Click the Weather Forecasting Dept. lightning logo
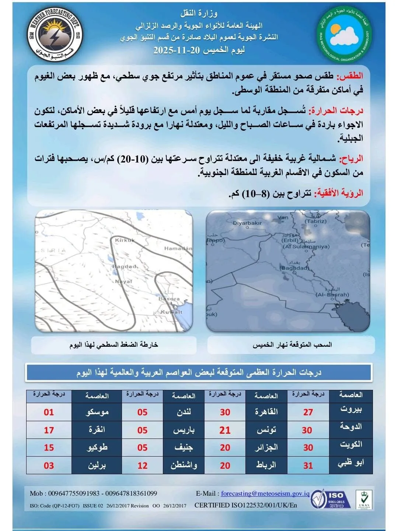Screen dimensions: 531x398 [55, 34]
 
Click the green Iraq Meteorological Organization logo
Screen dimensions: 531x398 [344, 34]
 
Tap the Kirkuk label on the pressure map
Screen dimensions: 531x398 [125, 240]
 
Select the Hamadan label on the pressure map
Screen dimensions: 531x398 [178, 248]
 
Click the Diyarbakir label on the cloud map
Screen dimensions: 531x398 [247, 223]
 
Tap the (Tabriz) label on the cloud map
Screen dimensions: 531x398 [315, 221]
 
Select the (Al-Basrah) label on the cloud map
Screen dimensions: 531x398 [332, 294]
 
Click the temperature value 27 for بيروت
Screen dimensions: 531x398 [308, 412]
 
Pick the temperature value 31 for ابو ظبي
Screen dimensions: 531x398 [308, 465]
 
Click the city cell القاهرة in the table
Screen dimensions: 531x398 [266, 412]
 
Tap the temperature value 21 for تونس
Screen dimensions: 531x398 [225, 430]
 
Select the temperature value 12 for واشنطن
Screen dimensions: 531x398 [142, 465]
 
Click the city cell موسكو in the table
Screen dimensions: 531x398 [97, 412]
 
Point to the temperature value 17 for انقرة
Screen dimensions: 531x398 [49, 430]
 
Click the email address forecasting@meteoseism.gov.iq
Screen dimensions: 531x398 [265, 493]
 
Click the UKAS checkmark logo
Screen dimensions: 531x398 [363, 500]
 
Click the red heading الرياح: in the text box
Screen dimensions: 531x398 [350, 159]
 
